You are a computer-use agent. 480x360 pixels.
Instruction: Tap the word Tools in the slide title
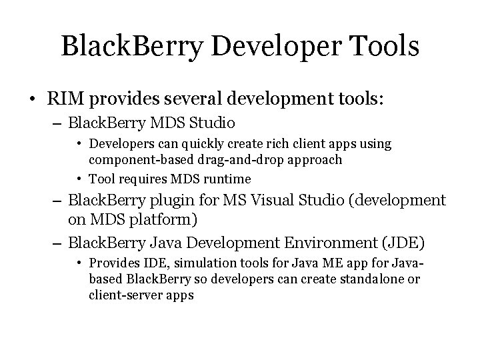(386, 46)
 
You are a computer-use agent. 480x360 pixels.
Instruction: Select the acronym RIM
(65, 99)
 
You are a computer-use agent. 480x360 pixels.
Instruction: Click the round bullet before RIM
(33, 100)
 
